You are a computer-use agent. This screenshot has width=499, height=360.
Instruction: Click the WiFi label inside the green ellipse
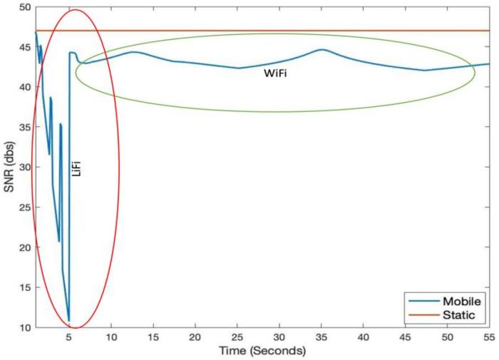pyautogui.click(x=277, y=73)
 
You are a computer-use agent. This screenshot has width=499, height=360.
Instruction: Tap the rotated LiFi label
pyautogui.click(x=78, y=168)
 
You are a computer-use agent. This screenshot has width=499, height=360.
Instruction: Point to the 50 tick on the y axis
pyautogui.click(x=24, y=7)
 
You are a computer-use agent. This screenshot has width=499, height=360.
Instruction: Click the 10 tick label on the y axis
pyautogui.click(x=24, y=328)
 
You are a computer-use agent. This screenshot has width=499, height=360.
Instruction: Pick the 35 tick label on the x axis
pyautogui.click(x=279, y=338)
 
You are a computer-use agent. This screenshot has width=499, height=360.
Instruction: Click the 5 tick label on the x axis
pyautogui.click(x=69, y=338)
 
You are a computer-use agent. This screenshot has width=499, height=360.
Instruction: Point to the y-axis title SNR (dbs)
pyautogui.click(x=9, y=168)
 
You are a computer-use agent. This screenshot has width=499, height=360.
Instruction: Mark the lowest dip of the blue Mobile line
pyautogui.click(x=68, y=321)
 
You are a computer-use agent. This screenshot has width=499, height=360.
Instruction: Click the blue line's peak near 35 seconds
pyautogui.click(x=322, y=50)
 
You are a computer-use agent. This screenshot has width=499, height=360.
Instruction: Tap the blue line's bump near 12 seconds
pyautogui.click(x=133, y=52)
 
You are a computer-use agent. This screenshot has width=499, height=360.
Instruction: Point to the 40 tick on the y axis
pyautogui.click(x=24, y=87)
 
